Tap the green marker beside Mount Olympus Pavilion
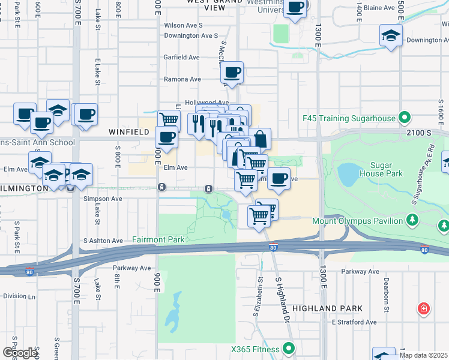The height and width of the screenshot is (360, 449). coord(412,221)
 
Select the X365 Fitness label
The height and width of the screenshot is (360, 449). coord(255,349)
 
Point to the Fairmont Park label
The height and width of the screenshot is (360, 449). coord(158,239)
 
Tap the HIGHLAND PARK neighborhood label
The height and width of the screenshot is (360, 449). coord(333,308)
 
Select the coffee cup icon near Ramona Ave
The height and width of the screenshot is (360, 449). coord(232,73)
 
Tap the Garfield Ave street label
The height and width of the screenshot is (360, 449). coord(181,58)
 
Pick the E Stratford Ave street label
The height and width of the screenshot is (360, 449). coord(354,322)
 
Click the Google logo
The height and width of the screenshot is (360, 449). coord(20,353)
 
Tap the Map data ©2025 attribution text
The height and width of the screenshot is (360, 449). coord(423,355)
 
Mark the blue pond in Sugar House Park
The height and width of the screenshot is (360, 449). coord(348,174)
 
